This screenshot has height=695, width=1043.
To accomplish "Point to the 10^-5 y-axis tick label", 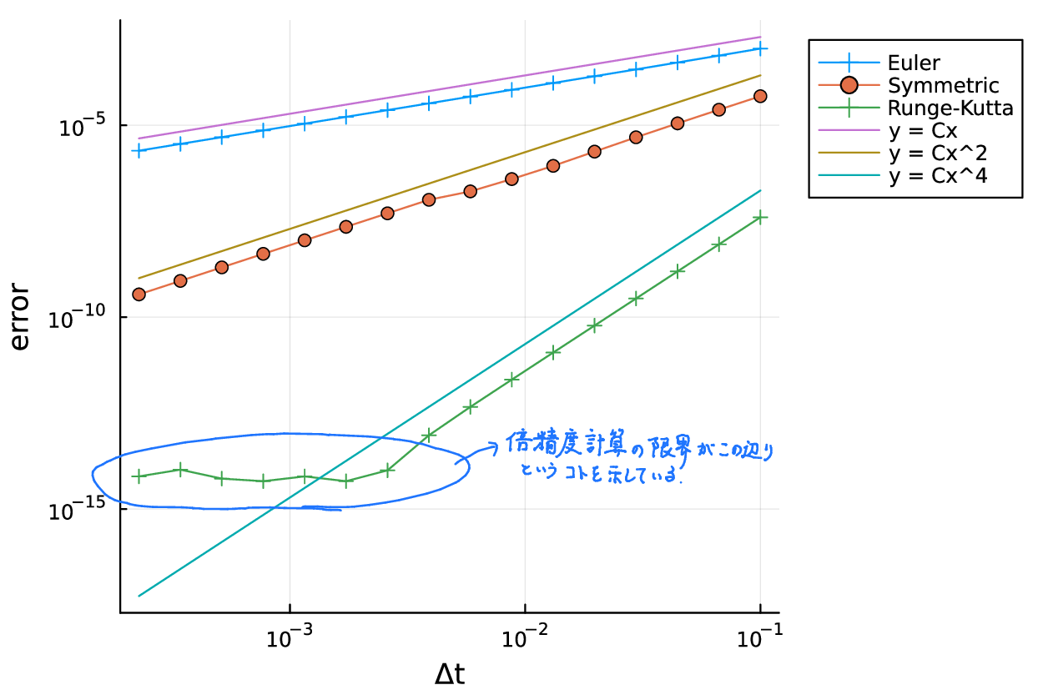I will tap(82, 127).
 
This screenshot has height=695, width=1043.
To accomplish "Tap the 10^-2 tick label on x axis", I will tap(525, 638).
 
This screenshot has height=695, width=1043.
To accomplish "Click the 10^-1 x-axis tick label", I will tap(759, 638).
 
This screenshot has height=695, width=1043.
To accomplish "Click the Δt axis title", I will tap(450, 673).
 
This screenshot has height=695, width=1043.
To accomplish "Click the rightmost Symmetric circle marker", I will tap(760, 96).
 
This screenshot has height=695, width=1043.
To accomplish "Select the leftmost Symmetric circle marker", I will tap(139, 294).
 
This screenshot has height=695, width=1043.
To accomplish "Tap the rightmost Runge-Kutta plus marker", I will tap(760, 217).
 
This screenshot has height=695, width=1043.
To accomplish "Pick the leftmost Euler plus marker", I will tap(139, 151).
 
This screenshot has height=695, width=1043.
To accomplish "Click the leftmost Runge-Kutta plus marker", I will tap(139, 476).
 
